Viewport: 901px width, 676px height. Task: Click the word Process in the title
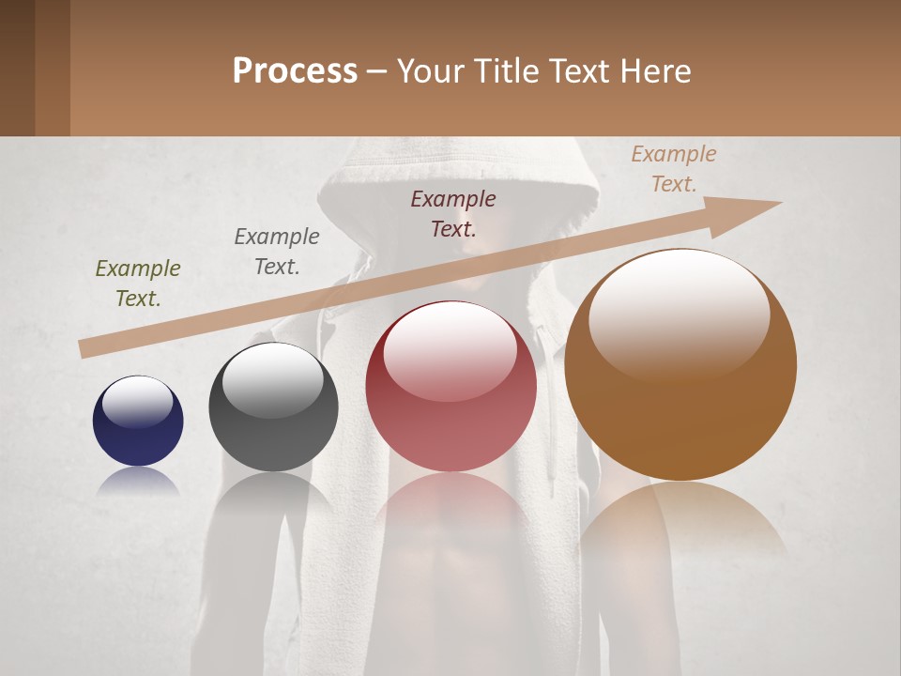pos(295,71)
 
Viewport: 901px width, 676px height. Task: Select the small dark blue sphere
pos(138,421)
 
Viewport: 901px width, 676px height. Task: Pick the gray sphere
pos(273,407)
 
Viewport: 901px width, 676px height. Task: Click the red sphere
pos(450,386)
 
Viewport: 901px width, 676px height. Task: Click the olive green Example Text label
pos(138,284)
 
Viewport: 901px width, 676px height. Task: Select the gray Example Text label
pos(277,252)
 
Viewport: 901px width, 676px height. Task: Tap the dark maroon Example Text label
pos(453,213)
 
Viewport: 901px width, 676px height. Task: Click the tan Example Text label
pos(674,169)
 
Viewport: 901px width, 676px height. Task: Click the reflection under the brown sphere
pos(680,526)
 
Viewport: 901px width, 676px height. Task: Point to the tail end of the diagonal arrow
pos(84,348)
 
